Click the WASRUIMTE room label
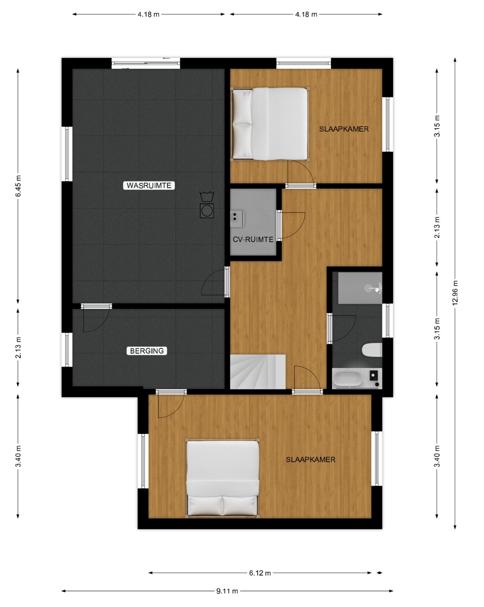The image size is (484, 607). (x=149, y=185)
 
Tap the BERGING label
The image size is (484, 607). (x=147, y=351)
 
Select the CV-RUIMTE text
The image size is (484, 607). (x=253, y=239)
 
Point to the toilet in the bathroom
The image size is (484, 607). (x=372, y=350)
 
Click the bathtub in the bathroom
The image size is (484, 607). (x=347, y=378)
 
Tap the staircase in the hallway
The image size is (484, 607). (x=257, y=372)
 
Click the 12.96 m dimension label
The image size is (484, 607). (x=455, y=293)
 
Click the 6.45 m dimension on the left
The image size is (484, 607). (x=18, y=186)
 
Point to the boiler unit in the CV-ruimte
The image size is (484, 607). (x=237, y=219)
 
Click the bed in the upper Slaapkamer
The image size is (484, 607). (x=270, y=124)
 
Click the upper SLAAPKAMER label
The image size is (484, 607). (x=344, y=129)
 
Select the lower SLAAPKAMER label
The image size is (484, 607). (x=310, y=460)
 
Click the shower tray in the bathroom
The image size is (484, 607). (x=360, y=288)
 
